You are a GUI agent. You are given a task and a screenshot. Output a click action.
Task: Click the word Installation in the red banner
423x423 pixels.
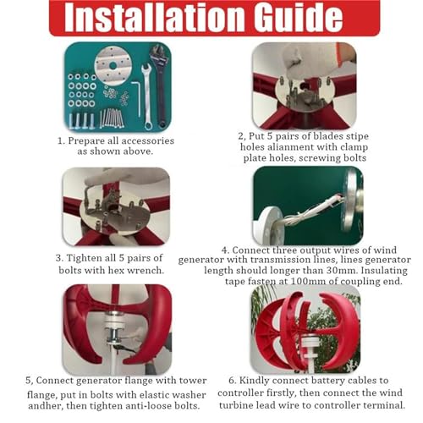154,18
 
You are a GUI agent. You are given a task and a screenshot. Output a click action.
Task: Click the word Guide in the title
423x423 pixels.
298,18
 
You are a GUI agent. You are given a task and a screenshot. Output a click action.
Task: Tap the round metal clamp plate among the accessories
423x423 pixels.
113,66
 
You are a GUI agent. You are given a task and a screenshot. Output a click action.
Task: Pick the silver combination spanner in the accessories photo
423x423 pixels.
146,96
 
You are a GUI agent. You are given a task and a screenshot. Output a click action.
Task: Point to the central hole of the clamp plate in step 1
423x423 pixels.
113,66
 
